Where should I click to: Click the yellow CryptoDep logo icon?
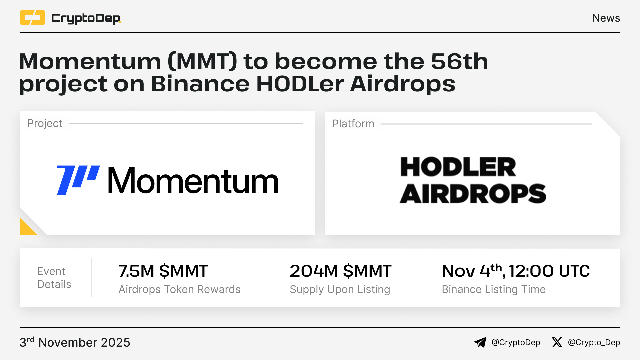(32, 18)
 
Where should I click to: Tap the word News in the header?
(606, 18)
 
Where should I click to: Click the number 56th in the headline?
(459, 61)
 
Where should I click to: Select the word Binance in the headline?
(200, 84)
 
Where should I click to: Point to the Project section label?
(45, 123)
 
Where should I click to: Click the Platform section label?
(353, 124)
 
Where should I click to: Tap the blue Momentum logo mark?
(78, 180)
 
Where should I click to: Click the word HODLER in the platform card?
(458, 167)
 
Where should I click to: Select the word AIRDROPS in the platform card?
(473, 194)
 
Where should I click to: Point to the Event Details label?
(54, 278)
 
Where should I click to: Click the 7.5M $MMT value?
(163, 271)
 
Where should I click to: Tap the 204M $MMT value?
(340, 271)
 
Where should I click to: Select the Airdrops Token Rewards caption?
(179, 289)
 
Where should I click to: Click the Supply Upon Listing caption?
(340, 290)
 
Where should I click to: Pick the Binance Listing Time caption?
(494, 290)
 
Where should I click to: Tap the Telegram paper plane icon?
(480, 342)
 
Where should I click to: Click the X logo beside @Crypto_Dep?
(557, 342)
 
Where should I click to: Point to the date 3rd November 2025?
(75, 342)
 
